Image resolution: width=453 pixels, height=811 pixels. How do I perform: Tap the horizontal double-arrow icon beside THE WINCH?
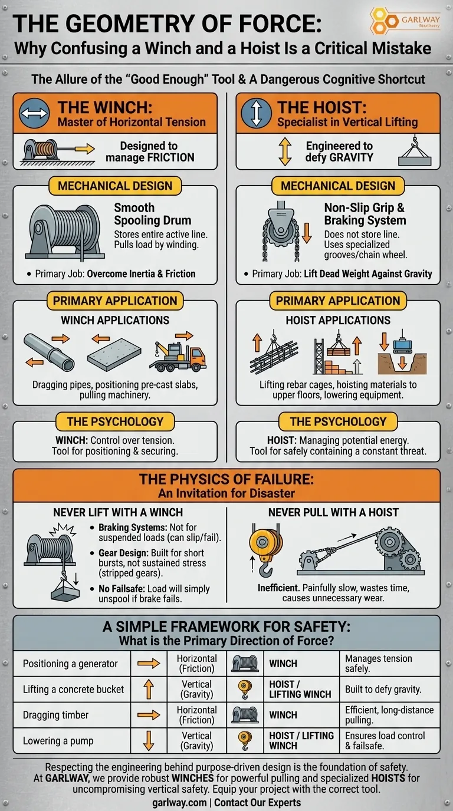[x=34, y=114]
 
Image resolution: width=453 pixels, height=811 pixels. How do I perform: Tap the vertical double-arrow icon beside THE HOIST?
[x=257, y=114]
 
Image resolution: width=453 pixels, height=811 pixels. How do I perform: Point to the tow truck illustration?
[x=178, y=351]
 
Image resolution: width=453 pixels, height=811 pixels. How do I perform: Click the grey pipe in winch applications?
[x=49, y=352]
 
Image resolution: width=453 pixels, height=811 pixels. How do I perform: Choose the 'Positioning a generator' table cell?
[x=70, y=664]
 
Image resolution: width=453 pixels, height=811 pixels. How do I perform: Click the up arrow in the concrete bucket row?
[x=149, y=689]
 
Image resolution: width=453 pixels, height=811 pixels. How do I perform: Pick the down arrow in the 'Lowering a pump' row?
[x=149, y=740]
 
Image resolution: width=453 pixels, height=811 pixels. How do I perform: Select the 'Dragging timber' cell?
[x=56, y=715]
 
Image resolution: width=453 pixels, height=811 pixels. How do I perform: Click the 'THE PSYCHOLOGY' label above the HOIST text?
[x=338, y=421]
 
